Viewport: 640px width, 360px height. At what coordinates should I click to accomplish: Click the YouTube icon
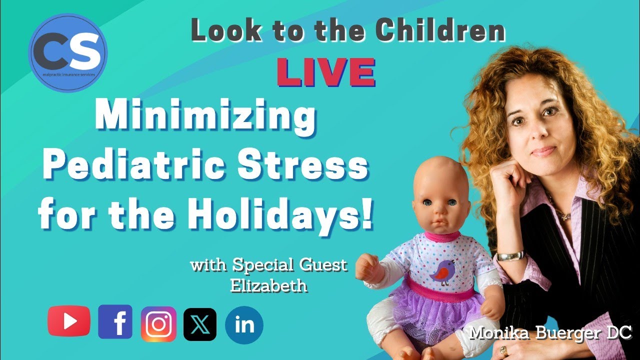pos(69,321)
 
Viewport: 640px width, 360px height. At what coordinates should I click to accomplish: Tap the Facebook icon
pos(115,322)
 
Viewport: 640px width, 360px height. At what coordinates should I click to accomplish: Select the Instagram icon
pos(158,324)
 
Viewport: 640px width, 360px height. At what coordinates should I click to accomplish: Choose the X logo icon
pos(200,324)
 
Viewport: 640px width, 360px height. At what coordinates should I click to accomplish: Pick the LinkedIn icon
pos(244,325)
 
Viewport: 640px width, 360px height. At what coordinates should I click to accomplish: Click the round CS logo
pos(68,53)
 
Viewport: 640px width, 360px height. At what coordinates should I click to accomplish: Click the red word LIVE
pos(326,72)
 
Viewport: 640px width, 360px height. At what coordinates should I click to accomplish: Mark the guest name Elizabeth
pos(268,285)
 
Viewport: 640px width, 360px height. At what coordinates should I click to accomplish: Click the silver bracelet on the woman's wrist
pos(510,255)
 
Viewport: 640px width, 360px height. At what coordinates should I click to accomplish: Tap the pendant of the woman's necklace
pos(565,216)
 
